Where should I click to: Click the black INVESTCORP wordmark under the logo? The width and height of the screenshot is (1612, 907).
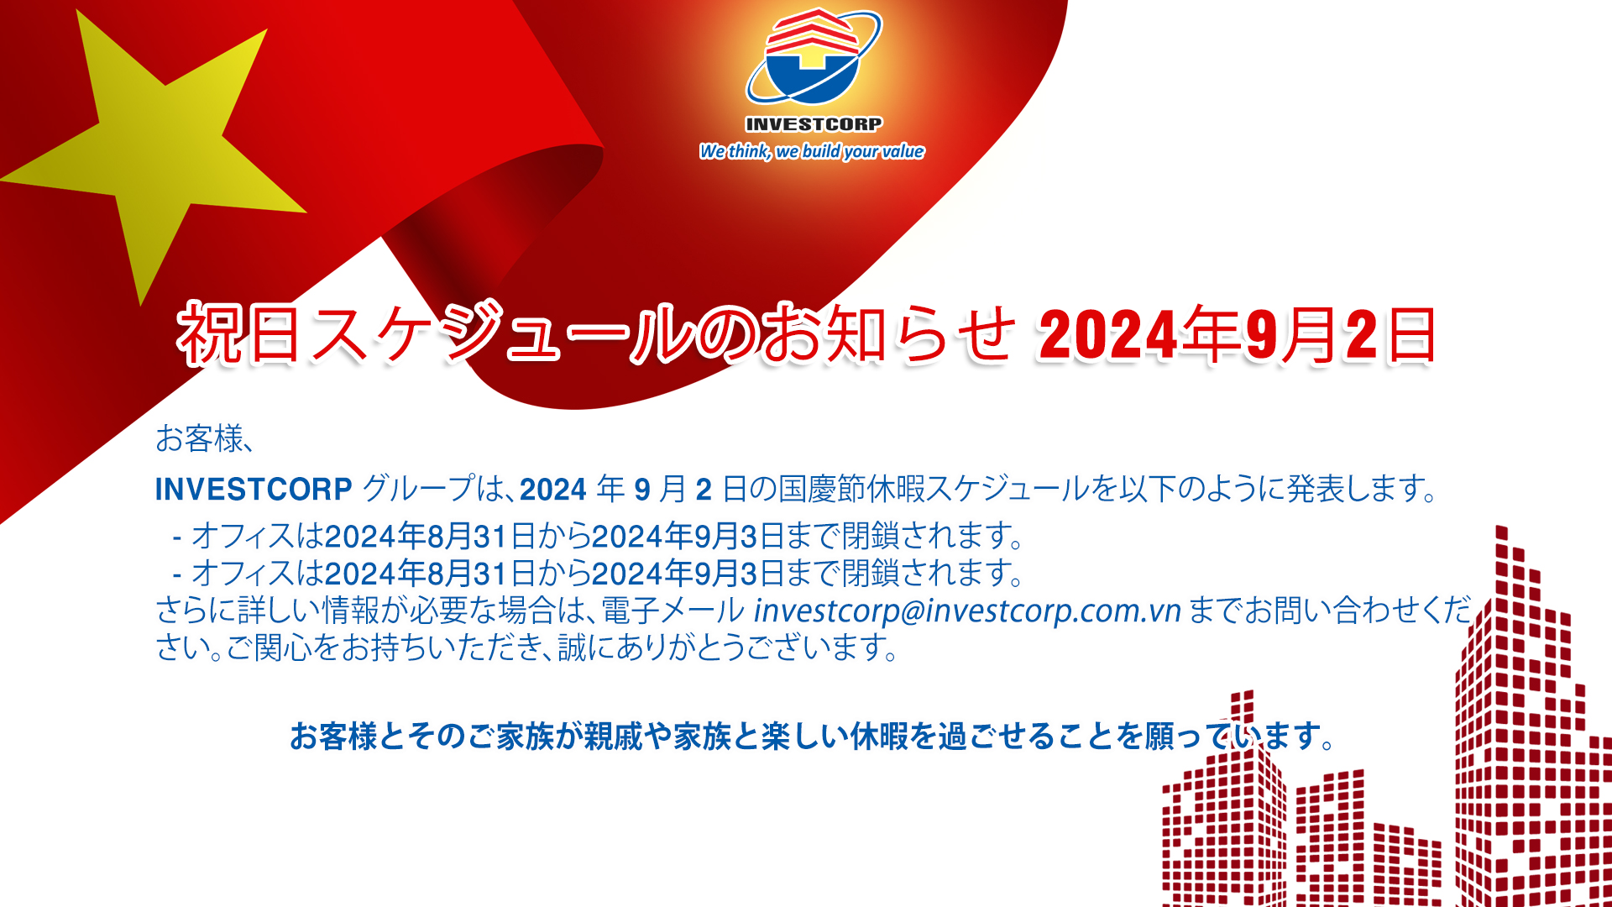[814, 124]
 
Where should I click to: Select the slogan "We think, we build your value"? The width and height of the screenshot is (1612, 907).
[812, 151]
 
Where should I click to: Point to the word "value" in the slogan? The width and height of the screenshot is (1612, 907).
[903, 151]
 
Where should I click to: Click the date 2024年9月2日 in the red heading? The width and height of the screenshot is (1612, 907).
[1237, 335]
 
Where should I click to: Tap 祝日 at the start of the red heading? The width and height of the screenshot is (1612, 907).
[238, 334]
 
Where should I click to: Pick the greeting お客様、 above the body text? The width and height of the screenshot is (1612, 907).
[204, 438]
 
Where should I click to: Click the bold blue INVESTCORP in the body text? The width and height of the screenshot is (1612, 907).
[254, 489]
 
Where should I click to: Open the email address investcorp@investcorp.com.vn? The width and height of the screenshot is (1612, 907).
[967, 611]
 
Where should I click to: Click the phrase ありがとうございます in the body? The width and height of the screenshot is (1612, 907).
[731, 647]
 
